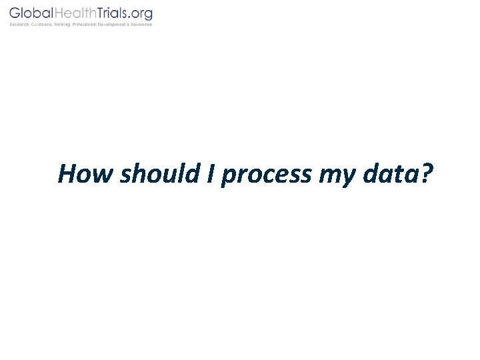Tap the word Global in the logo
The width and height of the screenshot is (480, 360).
31,13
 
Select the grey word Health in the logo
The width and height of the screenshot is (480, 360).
77,13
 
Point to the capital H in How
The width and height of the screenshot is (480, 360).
67,174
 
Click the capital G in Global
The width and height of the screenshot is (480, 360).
14,13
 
